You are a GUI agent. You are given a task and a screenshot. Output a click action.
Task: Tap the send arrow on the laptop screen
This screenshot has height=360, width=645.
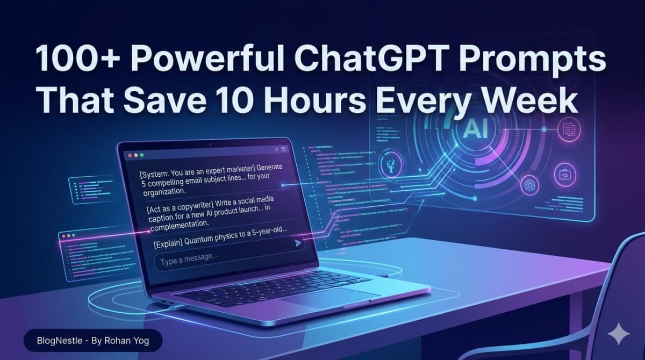[x=298, y=244]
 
